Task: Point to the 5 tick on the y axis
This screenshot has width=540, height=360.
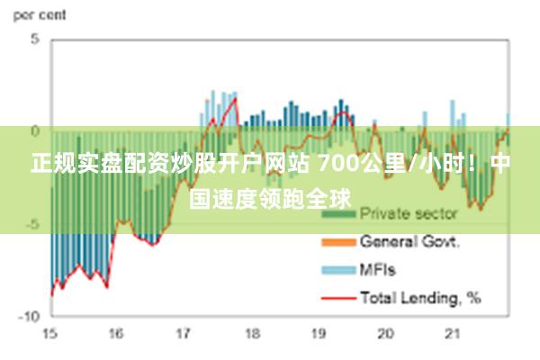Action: (35, 40)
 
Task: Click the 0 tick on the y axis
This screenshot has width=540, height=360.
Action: (35, 132)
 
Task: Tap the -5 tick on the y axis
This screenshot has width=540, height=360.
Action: (32, 224)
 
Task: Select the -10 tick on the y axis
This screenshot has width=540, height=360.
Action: (30, 317)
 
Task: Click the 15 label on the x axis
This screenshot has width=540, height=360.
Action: (49, 334)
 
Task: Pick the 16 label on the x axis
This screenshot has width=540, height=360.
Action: (116, 334)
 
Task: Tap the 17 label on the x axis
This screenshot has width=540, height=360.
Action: (184, 334)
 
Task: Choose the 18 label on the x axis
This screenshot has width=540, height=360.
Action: (251, 334)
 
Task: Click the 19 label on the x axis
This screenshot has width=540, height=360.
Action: (319, 334)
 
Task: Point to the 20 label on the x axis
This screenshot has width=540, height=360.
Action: (386, 334)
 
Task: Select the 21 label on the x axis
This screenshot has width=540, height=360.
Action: (453, 334)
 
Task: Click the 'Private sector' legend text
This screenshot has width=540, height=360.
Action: (409, 214)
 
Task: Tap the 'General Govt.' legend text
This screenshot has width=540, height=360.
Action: (410, 241)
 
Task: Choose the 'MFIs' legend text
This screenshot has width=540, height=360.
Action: (378, 269)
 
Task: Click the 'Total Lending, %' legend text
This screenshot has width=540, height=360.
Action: (420, 296)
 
